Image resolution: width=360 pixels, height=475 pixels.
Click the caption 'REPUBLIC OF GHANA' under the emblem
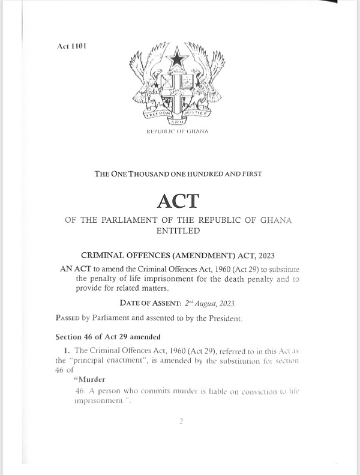click(x=179, y=131)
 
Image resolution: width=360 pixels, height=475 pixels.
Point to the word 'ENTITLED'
click(x=179, y=230)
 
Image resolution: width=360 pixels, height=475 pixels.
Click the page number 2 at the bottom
click(x=179, y=422)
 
